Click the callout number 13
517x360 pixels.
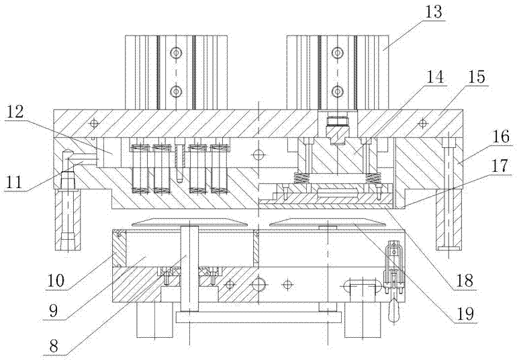click(432, 12)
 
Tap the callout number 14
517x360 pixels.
click(434, 77)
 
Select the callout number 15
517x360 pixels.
click(477, 77)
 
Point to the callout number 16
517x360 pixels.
click(501, 136)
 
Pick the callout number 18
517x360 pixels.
click(465, 280)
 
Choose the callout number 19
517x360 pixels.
click(465, 314)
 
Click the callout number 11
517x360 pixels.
click(15, 182)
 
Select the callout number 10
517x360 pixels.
click(56, 281)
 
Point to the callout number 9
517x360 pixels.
click(53, 310)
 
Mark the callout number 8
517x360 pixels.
click(53, 346)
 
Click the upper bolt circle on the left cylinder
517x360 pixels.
click(176, 52)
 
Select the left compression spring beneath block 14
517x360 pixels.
click(300, 179)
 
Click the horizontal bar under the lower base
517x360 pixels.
click(258, 317)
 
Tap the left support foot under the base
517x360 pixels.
click(154, 320)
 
